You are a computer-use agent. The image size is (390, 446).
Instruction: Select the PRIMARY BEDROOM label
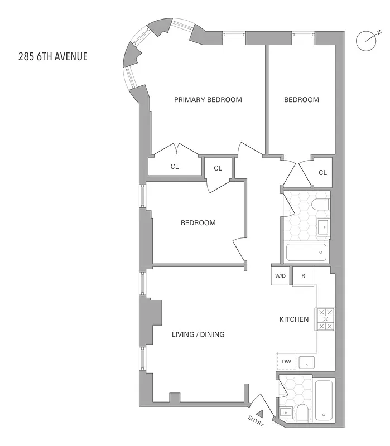(x=208, y=100)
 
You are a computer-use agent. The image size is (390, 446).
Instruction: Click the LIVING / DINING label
(x=198, y=334)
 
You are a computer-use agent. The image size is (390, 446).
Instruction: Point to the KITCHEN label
(x=294, y=319)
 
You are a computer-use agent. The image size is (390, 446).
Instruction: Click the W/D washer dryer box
(x=280, y=276)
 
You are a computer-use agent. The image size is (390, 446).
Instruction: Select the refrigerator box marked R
(x=303, y=276)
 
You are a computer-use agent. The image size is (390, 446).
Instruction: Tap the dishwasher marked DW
(x=287, y=362)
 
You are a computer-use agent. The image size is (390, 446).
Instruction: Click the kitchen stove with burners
(x=325, y=319)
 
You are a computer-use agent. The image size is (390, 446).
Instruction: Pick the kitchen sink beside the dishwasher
(x=306, y=363)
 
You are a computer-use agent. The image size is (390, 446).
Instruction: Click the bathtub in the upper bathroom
(x=307, y=253)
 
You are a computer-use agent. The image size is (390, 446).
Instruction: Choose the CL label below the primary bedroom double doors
(x=175, y=167)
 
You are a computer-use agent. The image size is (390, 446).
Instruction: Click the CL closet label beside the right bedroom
(x=322, y=173)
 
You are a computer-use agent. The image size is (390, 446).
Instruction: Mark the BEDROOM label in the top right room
(x=301, y=100)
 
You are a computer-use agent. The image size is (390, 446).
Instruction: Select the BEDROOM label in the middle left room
(x=198, y=223)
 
